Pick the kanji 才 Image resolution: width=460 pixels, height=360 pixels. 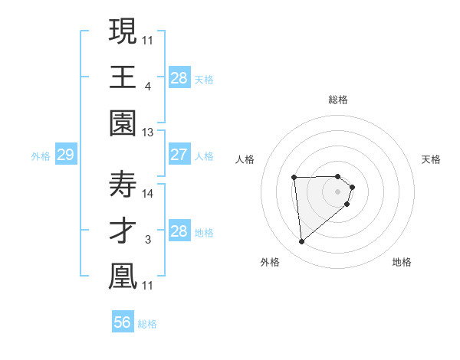pyautogui.click(x=123, y=231)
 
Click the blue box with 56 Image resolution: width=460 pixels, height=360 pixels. pyautogui.click(x=123, y=322)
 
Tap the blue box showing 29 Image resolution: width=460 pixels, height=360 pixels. pyautogui.click(x=65, y=155)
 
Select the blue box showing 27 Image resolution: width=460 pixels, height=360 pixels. pyautogui.click(x=179, y=155)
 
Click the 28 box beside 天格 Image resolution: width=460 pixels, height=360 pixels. pyautogui.click(x=179, y=77)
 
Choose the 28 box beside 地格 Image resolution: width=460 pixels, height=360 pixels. pyautogui.click(x=179, y=231)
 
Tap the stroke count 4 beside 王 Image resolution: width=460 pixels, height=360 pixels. pyautogui.click(x=147, y=85)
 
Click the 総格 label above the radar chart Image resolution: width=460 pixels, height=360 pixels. pyautogui.click(x=337, y=100)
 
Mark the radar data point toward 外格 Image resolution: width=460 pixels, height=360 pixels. pyautogui.click(x=302, y=242)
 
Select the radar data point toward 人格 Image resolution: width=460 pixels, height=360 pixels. pyautogui.click(x=294, y=178)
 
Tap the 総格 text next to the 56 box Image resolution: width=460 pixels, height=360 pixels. pyautogui.click(x=147, y=324)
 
